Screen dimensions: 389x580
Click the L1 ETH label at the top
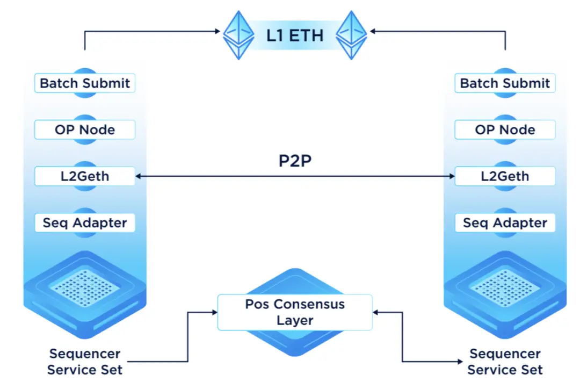click(295, 35)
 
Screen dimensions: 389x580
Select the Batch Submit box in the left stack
click(85, 83)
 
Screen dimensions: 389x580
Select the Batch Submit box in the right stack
click(505, 83)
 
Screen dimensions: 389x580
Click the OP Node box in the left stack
click(85, 129)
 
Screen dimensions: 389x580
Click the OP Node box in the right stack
click(505, 129)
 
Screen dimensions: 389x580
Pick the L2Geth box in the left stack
click(85, 176)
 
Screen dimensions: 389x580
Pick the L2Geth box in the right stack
click(505, 176)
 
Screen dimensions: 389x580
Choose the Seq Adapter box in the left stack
click(85, 222)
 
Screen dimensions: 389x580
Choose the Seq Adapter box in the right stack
click(505, 222)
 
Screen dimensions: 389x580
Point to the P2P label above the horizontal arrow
click(295, 161)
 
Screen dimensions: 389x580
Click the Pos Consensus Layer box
click(295, 312)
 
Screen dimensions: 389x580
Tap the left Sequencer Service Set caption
click(85, 362)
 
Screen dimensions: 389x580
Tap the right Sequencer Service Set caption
click(505, 362)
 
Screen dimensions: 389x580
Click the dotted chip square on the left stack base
click(85, 285)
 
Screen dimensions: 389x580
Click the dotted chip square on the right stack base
click(505, 285)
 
